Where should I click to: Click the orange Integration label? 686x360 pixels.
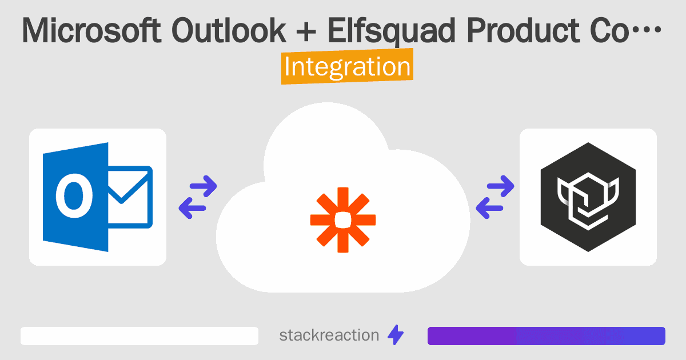(347, 67)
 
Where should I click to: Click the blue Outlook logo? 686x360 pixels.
(97, 197)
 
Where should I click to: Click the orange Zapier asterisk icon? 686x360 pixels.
(342, 219)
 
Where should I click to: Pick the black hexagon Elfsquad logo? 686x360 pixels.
(588, 197)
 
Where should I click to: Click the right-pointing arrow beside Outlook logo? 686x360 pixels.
(202, 186)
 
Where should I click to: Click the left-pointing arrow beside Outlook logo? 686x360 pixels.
(193, 207)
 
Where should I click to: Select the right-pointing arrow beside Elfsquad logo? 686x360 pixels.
(500, 186)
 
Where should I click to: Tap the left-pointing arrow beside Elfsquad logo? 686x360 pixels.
(490, 207)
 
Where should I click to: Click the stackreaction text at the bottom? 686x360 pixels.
(329, 335)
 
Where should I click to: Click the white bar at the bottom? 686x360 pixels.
(139, 336)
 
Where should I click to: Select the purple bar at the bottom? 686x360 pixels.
(546, 336)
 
